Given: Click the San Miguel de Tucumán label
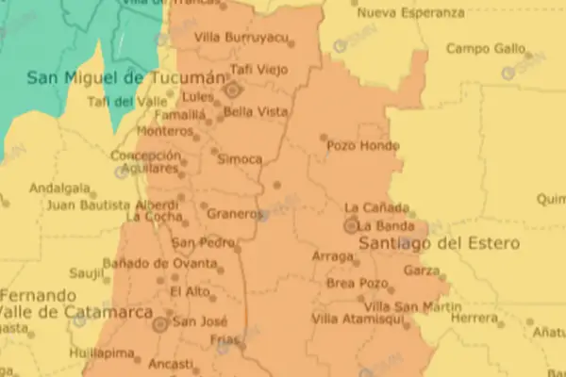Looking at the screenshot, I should click(x=128, y=77).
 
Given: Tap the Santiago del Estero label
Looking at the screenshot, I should click(x=439, y=243).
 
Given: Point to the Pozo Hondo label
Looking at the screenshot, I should click(x=357, y=146).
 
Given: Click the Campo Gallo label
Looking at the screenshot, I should click(x=483, y=49).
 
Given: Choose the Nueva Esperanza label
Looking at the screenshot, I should click(x=411, y=14).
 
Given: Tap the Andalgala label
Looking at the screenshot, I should click(x=59, y=188).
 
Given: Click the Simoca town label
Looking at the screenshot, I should click(x=240, y=159).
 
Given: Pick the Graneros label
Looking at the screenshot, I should click(x=235, y=214).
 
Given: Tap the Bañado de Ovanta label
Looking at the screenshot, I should click(x=148, y=263).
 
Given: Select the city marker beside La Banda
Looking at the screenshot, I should click(x=352, y=226).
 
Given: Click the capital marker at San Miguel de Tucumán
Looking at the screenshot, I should click(x=233, y=90).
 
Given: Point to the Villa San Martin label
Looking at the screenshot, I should click(x=400, y=307).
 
